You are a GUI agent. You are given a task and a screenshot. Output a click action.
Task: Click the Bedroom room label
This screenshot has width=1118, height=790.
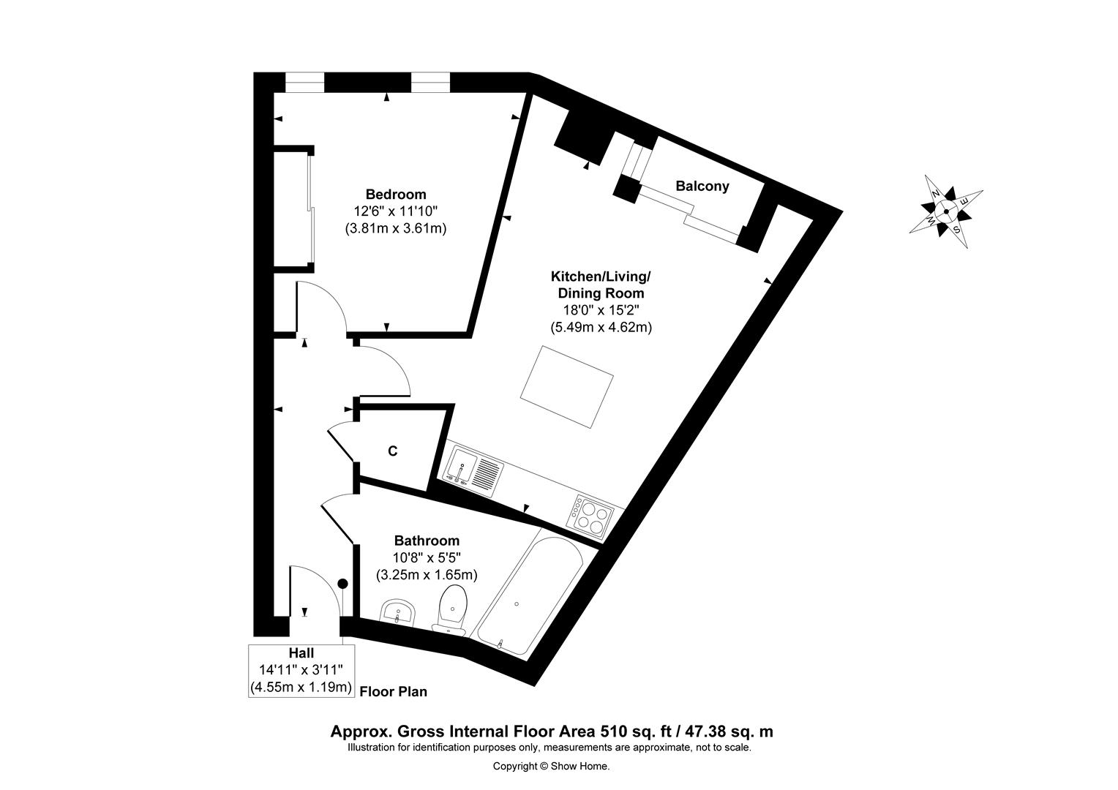(396, 194)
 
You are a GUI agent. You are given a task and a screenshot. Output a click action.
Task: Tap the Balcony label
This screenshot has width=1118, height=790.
(702, 186)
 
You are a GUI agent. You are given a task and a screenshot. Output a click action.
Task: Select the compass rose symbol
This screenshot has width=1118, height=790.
(946, 211)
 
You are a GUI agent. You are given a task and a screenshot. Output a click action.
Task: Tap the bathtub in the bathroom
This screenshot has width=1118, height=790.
(530, 596)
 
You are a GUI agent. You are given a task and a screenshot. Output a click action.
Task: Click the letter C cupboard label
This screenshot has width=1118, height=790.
(393, 451)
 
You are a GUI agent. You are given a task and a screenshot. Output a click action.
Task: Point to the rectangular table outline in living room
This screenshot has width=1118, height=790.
(566, 387)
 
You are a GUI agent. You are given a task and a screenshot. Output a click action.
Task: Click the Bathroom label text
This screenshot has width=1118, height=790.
(427, 541)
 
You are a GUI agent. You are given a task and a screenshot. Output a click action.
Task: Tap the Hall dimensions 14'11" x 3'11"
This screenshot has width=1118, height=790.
(301, 670)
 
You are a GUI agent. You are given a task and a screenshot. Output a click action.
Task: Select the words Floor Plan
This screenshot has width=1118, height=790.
(394, 692)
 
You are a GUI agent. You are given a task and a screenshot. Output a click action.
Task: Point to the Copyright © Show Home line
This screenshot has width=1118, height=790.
(552, 766)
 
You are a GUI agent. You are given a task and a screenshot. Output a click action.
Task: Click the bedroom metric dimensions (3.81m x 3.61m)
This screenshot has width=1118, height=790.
(396, 228)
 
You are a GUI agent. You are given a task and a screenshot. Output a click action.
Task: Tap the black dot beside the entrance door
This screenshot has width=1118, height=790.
(343, 584)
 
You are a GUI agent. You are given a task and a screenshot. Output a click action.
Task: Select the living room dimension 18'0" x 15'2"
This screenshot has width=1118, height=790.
(601, 310)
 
